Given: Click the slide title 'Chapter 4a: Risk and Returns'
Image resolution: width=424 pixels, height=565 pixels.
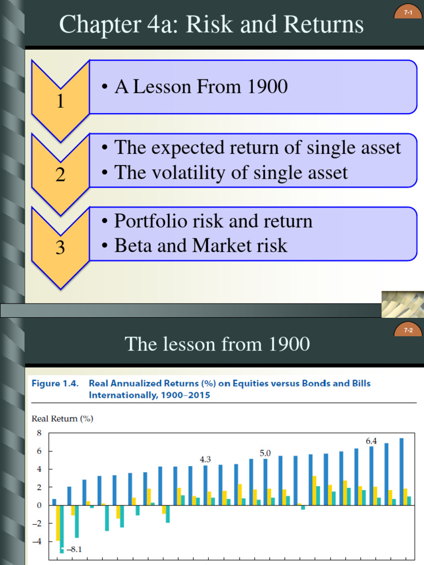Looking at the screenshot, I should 211,25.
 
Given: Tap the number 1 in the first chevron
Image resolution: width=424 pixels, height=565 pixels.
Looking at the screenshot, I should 60,102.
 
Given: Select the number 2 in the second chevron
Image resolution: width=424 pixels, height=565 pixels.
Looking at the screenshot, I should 60,175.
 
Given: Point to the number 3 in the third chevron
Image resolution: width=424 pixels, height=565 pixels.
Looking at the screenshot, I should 60,248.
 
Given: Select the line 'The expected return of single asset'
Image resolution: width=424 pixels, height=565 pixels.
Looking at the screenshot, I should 252,148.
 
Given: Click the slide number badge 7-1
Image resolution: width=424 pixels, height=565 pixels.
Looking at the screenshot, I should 408,12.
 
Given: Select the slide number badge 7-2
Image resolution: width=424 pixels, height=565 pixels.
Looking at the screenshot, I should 408,331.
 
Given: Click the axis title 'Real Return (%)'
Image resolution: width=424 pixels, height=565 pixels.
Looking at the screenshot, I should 62,418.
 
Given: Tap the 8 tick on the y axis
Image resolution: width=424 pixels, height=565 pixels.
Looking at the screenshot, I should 39,433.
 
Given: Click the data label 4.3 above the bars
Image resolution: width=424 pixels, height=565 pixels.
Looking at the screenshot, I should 205,459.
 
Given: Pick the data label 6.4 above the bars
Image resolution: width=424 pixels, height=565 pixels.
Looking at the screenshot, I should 371,441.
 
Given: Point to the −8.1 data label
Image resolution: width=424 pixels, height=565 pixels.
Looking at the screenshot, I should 73,549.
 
